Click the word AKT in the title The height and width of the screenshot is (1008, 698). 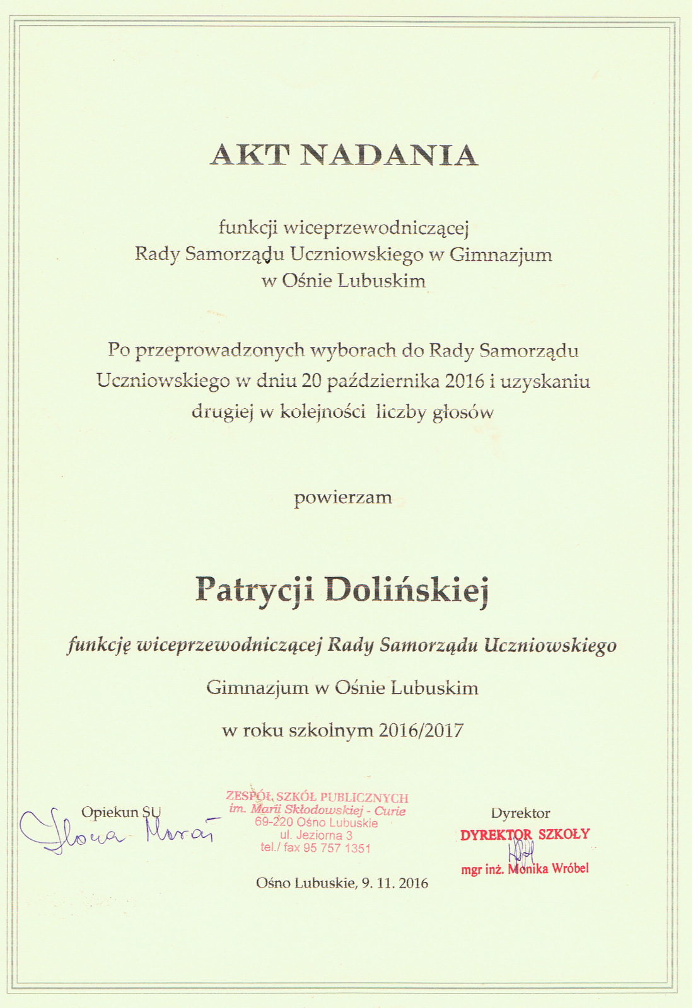tap(250, 155)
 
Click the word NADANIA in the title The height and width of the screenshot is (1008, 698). tap(389, 155)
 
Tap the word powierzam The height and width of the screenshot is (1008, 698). tap(343, 498)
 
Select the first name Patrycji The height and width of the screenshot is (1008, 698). tap(255, 590)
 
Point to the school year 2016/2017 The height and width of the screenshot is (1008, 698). tap(421, 730)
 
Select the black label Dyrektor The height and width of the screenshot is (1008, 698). tap(521, 813)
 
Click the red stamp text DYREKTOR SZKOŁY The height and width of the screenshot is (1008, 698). tap(525, 835)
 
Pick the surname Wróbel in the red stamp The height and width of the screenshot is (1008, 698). tap(570, 869)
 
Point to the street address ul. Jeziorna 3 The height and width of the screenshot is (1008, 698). tap(316, 835)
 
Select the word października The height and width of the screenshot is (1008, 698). tap(388, 381)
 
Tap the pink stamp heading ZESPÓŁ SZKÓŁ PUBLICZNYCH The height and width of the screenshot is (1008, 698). tap(317, 798)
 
